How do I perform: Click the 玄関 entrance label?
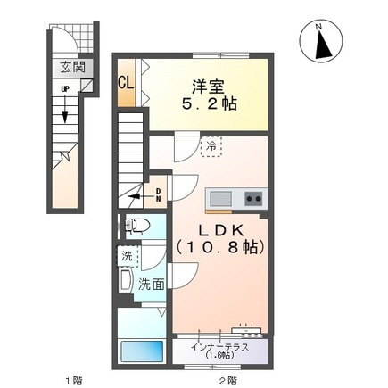[73, 67]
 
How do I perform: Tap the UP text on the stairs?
[64, 88]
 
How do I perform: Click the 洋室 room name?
[208, 87]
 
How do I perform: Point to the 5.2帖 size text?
[209, 104]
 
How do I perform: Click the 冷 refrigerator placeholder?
[211, 146]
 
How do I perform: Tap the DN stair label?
[159, 195]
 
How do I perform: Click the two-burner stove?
[253, 198]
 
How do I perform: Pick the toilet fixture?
[136, 227]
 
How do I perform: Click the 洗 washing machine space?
[128, 256]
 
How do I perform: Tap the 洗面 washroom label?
[152, 285]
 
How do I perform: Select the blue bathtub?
[142, 351]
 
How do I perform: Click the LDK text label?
[221, 231]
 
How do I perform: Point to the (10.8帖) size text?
[220, 247]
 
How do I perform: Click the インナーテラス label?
[220, 347]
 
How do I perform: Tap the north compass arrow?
[322, 45]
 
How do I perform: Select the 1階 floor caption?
[74, 380]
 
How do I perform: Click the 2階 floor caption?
[228, 380]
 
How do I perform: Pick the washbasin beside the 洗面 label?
[125, 280]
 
